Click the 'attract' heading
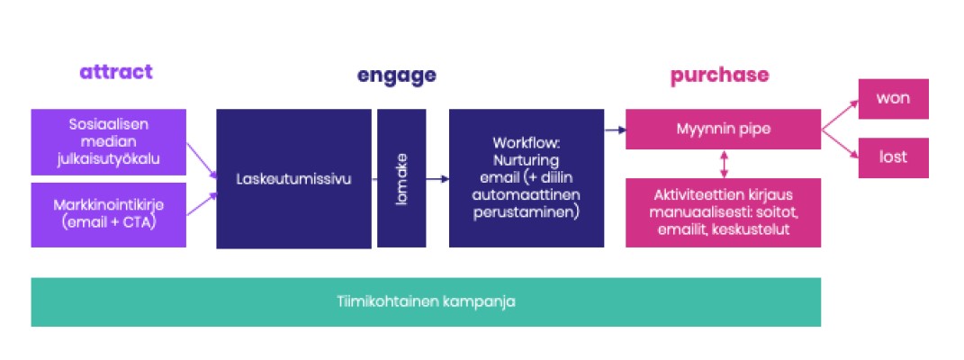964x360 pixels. (x=116, y=73)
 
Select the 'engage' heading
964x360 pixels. (x=397, y=76)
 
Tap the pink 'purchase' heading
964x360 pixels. (x=719, y=76)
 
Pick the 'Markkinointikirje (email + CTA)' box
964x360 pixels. (x=108, y=214)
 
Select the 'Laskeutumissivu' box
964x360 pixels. (x=293, y=178)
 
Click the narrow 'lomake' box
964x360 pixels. (x=401, y=178)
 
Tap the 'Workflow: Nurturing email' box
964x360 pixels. (x=527, y=178)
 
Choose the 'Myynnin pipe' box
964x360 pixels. (x=723, y=130)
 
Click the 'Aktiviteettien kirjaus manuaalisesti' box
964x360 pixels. (x=723, y=212)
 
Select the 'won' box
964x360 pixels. (x=893, y=99)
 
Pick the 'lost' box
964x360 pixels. (x=893, y=157)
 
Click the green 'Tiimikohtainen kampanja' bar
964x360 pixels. (x=426, y=301)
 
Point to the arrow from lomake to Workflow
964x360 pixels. (x=437, y=179)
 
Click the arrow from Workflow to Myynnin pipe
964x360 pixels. (x=615, y=130)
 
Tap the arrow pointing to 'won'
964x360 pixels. (x=839, y=114)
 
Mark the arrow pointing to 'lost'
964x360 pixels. (x=839, y=143)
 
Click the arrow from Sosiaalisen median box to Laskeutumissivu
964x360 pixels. (x=201, y=159)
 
